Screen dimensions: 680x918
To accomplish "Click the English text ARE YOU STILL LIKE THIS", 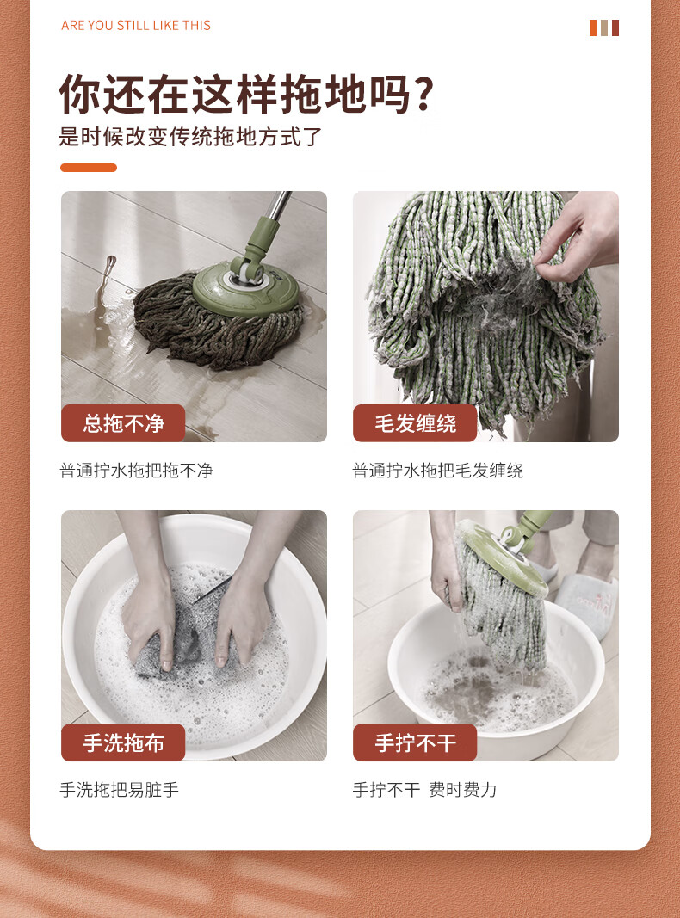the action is tap(136, 26).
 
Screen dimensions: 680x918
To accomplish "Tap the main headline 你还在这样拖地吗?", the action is tap(246, 94).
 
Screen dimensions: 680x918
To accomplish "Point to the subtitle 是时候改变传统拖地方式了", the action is tap(191, 137).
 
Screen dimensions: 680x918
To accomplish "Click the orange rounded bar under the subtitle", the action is tap(89, 168).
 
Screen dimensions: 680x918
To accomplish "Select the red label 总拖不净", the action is tap(123, 422).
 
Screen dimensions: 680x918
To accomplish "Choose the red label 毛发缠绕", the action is tap(415, 422).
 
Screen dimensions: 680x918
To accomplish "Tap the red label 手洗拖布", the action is tap(123, 742).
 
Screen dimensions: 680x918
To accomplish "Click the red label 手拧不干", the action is tap(415, 742).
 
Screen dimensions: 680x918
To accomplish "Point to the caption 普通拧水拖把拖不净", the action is tap(137, 471).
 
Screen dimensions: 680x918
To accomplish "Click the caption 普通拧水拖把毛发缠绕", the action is tap(437, 471).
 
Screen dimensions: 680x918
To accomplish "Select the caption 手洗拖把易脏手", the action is tap(120, 790).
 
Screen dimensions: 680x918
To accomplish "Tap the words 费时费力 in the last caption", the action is tap(463, 790).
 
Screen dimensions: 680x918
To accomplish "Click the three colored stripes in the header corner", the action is tap(604, 28).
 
